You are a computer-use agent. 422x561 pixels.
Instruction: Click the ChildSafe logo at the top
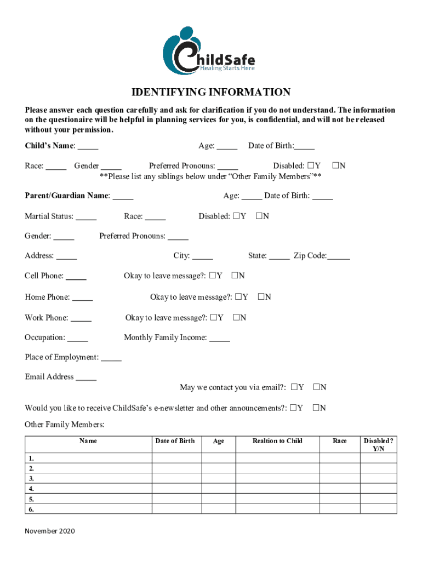click(209, 51)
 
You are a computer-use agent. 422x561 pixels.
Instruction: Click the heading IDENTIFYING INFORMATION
click(210, 92)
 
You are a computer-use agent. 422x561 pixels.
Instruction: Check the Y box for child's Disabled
click(310, 165)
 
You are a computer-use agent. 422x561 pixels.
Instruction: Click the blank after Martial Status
click(86, 217)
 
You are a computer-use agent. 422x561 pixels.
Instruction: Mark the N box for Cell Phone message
click(235, 276)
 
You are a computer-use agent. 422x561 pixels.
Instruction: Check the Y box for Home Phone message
click(239, 297)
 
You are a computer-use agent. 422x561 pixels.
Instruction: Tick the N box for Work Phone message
click(236, 317)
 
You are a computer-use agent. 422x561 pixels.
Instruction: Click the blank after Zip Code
click(339, 256)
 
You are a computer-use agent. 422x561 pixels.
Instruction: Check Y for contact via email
click(294, 387)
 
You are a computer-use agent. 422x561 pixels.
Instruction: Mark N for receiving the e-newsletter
click(316, 408)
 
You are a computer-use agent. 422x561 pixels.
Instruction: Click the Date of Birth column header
click(175, 441)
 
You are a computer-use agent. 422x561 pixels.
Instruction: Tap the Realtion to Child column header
click(277, 441)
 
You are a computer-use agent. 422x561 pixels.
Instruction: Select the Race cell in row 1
click(339, 458)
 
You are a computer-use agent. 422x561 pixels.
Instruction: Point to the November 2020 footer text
click(50, 531)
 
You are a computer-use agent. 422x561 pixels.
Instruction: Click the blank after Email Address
click(86, 377)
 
